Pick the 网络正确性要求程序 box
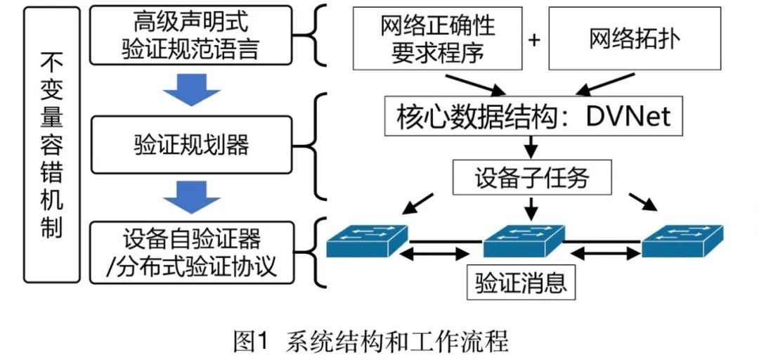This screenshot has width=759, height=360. coord(437,39)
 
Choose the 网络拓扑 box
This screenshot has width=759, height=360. coord(634,39)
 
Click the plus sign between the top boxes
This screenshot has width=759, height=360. coord(534,39)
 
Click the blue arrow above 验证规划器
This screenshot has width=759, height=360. coord(191,90)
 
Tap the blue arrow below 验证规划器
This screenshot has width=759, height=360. coord(191,198)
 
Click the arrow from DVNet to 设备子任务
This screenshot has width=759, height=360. coord(531,147)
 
